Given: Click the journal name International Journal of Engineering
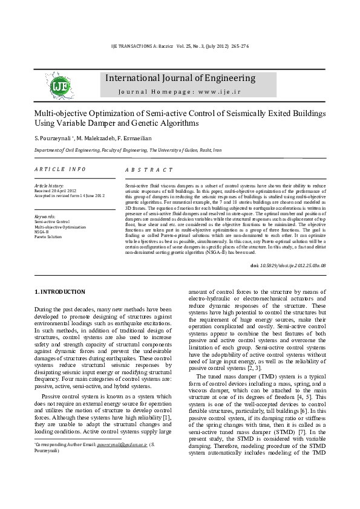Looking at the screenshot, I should pyautogui.click(x=180, y=78).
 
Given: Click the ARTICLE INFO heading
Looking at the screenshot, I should pyautogui.click(x=60, y=169).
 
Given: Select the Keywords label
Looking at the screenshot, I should pyautogui.click(x=45, y=216).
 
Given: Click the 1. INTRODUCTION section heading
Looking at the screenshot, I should pyautogui.click(x=59, y=292).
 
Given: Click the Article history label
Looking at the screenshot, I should pyautogui.click(x=50, y=185).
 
